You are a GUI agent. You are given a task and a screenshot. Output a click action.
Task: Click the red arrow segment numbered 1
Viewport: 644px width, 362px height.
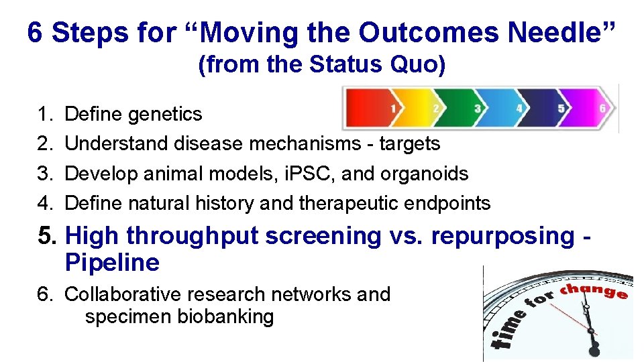[376, 108]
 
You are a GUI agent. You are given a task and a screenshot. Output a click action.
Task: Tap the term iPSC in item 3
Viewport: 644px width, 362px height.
[309, 174]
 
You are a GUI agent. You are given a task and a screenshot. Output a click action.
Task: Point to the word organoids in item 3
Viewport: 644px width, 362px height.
[424, 174]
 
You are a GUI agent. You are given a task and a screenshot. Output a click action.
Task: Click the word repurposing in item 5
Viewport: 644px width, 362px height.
[502, 236]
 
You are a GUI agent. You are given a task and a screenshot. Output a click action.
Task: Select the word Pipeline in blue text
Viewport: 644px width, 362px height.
[112, 263]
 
